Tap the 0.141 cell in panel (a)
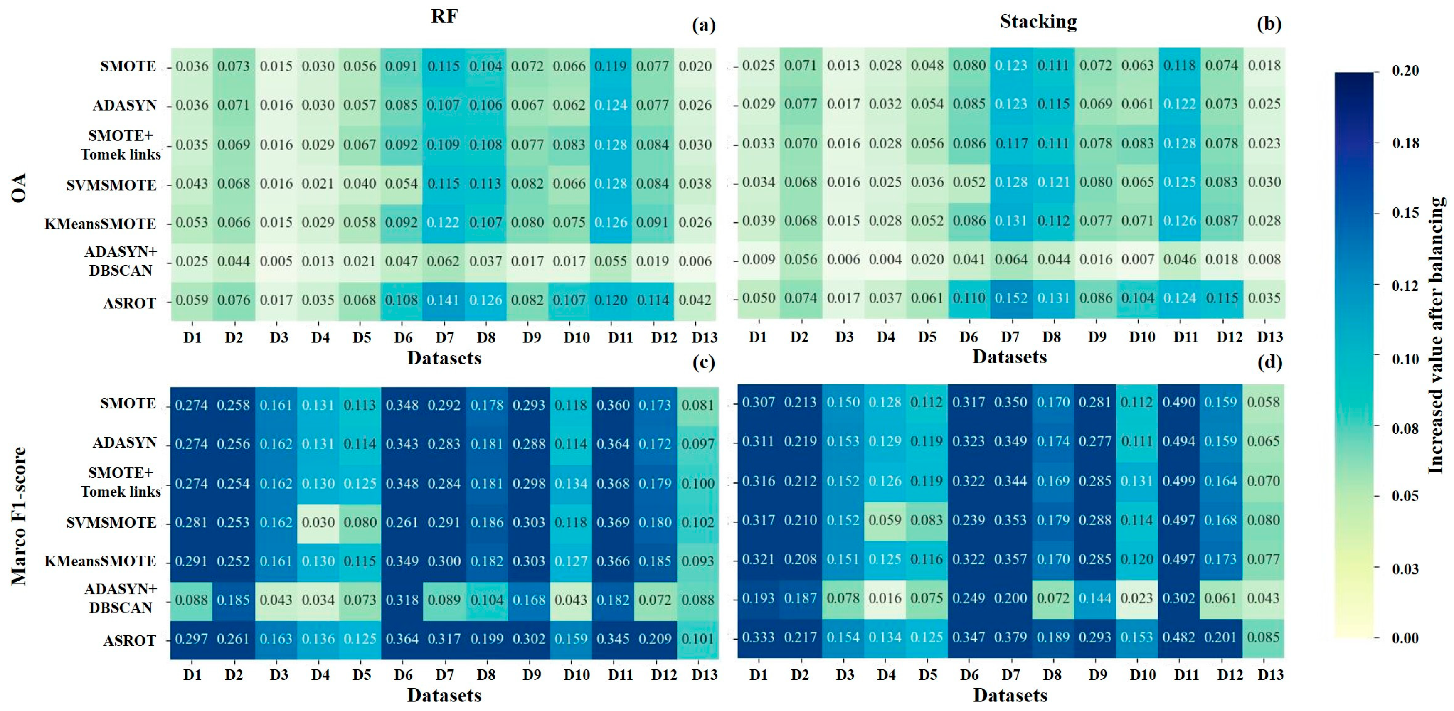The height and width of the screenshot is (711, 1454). click(444, 300)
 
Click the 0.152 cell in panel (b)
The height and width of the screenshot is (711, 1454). click(1011, 298)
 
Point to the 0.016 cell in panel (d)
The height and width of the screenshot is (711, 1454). click(885, 598)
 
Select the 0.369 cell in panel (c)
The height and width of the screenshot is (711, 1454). click(613, 522)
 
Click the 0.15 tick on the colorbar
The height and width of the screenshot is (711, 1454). click(1405, 213)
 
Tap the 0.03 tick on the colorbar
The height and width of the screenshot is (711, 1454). click(1405, 568)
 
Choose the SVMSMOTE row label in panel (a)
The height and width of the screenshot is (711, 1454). click(111, 185)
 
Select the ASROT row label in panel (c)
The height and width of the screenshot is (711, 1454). click(129, 640)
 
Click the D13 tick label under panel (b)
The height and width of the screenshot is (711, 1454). click(1269, 337)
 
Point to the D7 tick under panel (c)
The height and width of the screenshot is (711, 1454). click(444, 674)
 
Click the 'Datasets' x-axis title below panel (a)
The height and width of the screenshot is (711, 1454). click(444, 358)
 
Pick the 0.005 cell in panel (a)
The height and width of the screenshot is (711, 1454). click(276, 261)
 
